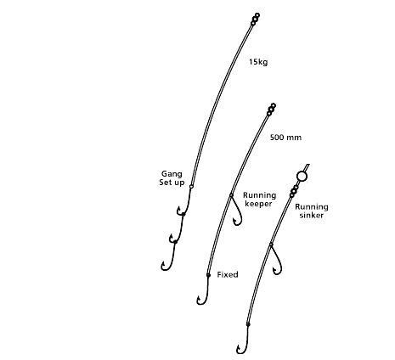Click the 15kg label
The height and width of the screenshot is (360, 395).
point(258,62)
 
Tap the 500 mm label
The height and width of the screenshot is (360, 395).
point(285,138)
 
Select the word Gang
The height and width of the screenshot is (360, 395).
point(172,174)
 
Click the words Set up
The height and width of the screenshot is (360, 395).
point(172,183)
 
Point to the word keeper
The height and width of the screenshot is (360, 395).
point(258,204)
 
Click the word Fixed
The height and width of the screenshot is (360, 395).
point(228,274)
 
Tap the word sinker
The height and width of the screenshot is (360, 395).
point(312,216)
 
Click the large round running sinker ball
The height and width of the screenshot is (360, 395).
point(302,177)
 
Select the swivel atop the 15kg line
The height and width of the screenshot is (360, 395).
point(255,20)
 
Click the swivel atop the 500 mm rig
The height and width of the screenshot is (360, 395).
point(271,110)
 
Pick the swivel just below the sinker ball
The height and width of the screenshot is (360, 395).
point(294,191)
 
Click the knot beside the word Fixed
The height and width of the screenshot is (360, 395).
point(208,275)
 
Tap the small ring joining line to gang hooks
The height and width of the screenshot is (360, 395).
point(191,187)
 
